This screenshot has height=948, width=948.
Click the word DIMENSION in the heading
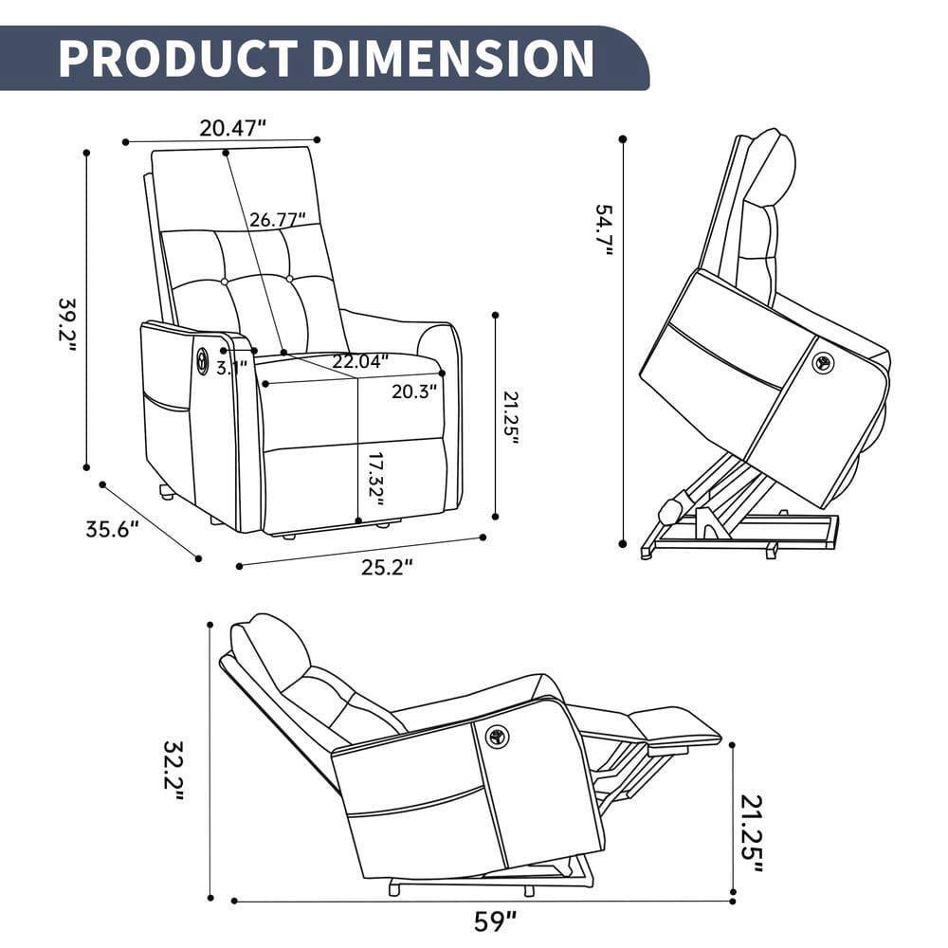click(452, 58)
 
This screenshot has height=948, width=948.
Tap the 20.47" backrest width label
click(232, 128)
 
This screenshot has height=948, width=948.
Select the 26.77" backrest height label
click(278, 220)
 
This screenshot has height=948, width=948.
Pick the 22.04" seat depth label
click(360, 361)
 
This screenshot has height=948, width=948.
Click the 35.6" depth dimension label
click(112, 529)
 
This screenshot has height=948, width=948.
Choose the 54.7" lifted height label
click(604, 230)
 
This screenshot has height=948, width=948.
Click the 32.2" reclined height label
click(172, 770)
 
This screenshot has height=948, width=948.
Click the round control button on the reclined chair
click(497, 737)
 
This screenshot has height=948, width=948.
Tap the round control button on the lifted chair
click(823, 362)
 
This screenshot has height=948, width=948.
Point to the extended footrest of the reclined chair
click(674, 726)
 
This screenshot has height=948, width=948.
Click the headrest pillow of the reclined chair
click(272, 649)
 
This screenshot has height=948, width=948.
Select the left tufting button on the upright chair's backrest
click(225, 282)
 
